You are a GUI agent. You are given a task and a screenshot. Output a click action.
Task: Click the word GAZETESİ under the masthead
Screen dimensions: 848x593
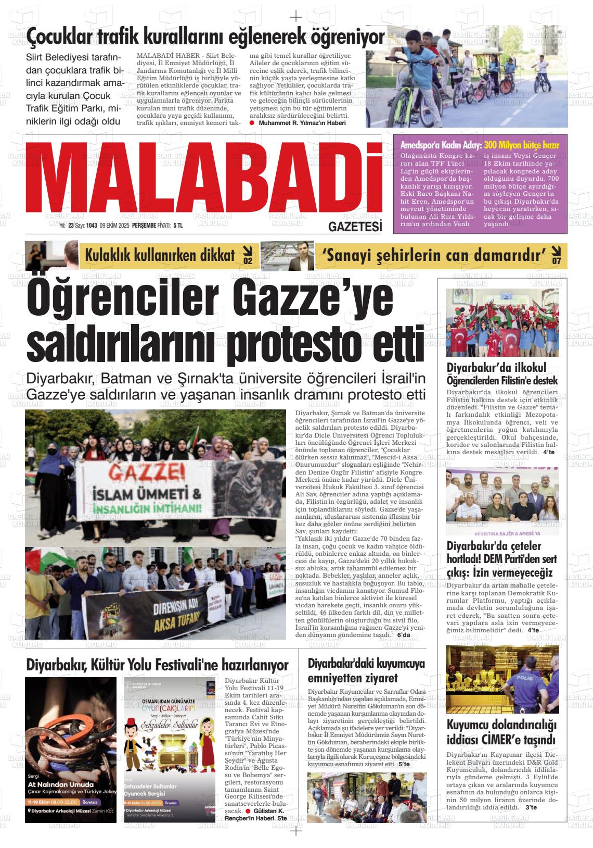(355, 227)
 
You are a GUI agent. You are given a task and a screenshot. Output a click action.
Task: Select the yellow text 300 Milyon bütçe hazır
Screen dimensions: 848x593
(521, 145)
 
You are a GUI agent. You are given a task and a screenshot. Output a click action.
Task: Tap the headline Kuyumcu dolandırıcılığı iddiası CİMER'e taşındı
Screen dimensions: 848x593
(501, 732)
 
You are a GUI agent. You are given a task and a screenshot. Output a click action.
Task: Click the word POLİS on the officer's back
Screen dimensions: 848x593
(524, 678)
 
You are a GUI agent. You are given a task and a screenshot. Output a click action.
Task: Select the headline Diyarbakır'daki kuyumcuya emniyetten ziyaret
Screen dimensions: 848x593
(366, 671)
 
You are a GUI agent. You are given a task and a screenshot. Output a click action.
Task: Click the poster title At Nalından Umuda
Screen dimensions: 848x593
(60, 784)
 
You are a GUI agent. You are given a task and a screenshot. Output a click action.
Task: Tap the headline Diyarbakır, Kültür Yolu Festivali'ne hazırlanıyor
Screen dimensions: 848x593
(157, 665)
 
